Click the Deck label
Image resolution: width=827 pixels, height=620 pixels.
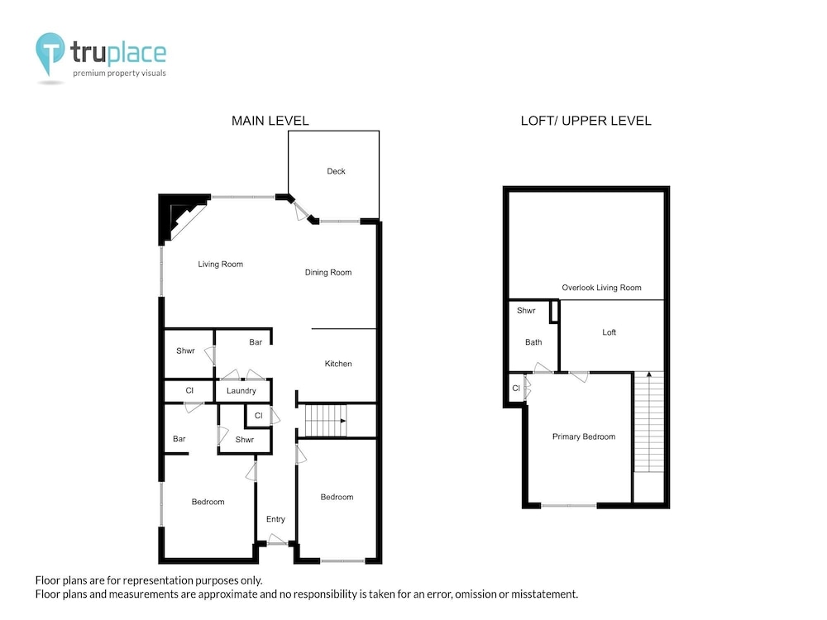(x=336, y=171)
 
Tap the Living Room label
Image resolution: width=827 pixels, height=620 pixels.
(x=221, y=265)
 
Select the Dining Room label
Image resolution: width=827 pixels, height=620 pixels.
(x=328, y=273)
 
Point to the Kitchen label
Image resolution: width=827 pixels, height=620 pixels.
(x=338, y=364)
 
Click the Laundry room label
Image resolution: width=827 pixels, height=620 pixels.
(x=241, y=391)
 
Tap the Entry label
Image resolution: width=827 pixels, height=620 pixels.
(x=275, y=519)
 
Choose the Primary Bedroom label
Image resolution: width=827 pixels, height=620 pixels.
(x=584, y=436)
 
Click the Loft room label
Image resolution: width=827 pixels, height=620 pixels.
(x=609, y=332)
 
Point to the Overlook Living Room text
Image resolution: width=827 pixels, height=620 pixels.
(x=602, y=288)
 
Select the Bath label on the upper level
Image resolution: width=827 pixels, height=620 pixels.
(x=533, y=342)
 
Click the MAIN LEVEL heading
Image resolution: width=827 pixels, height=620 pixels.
(x=270, y=121)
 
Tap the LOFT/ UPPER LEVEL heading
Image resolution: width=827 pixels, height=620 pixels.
(x=586, y=121)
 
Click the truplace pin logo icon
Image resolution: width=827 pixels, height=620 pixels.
(x=50, y=51)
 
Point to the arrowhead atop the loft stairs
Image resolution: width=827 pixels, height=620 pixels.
(x=648, y=374)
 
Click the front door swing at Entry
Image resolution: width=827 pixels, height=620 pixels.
(x=277, y=539)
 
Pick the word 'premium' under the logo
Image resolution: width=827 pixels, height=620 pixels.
(x=89, y=74)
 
